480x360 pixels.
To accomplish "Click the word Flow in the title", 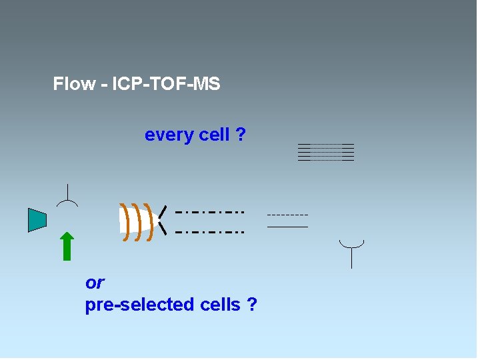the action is click(x=73, y=85).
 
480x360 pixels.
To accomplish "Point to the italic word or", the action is click(x=95, y=283).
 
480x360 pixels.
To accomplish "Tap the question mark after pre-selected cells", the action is click(x=251, y=305).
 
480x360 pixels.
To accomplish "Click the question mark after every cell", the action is click(x=240, y=135).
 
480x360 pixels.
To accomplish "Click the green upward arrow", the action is click(x=67, y=245).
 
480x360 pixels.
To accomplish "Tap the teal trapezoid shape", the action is click(x=37, y=220).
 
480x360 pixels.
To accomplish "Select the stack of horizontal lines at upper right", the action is click(x=325, y=153).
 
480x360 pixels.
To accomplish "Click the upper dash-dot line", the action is click(x=209, y=212).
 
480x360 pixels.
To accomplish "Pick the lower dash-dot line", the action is click(x=209, y=232).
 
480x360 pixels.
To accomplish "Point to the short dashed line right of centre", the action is click(x=287, y=215).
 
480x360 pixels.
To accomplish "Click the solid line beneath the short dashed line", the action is click(x=287, y=227).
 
